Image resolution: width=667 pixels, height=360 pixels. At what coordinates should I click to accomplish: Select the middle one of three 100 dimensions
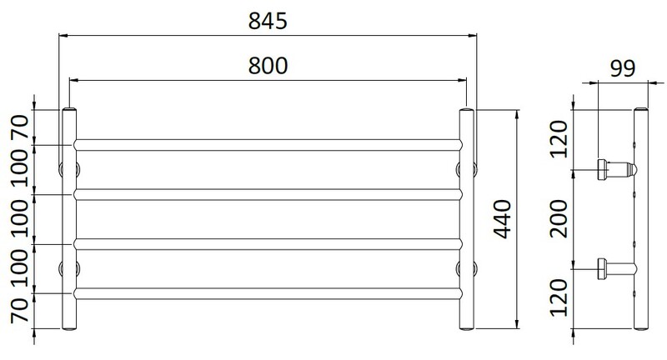(x=18, y=219)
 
